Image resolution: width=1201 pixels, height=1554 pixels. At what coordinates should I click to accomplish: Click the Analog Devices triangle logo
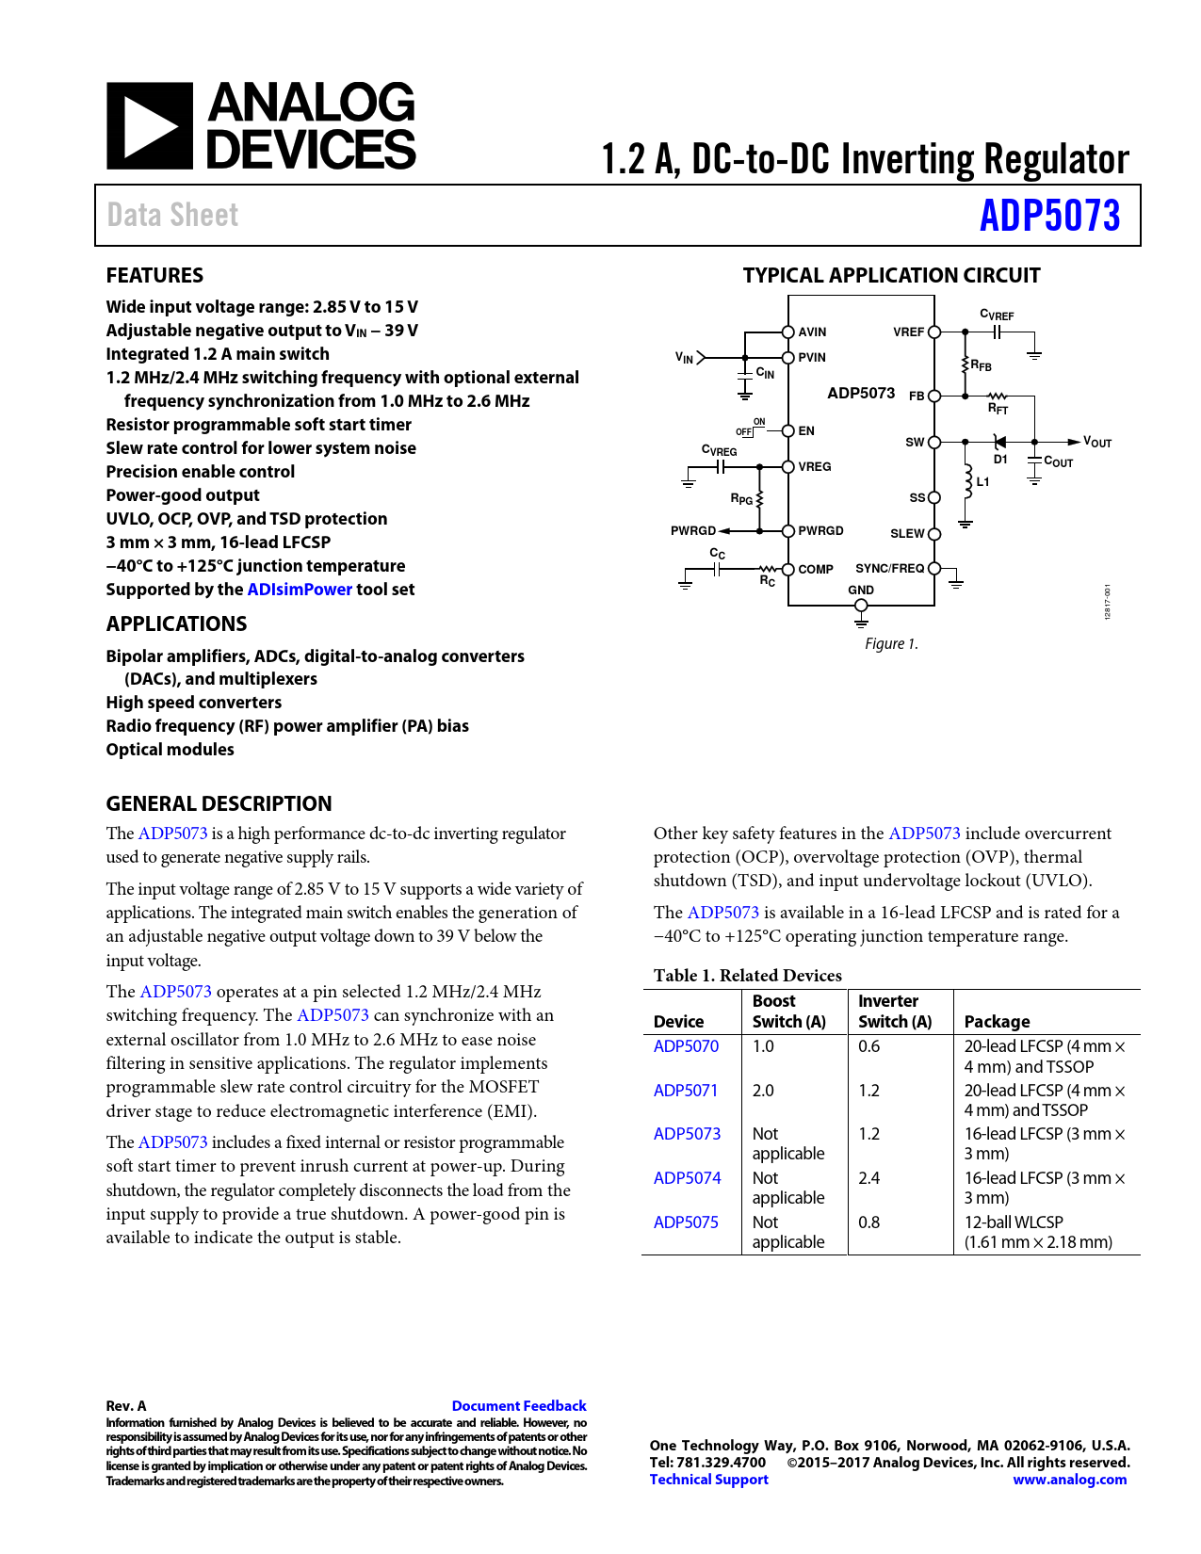150,126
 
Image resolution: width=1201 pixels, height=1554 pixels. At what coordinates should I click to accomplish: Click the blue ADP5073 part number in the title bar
1049,216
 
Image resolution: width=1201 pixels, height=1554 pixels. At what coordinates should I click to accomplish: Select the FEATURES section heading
154,275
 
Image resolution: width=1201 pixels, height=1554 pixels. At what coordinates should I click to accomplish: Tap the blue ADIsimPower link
300,590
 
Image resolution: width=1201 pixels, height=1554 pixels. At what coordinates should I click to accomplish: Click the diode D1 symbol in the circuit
999,442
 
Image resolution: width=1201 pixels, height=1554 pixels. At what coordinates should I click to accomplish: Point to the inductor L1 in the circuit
967,481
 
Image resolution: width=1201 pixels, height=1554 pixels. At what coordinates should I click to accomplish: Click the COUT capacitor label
1059,461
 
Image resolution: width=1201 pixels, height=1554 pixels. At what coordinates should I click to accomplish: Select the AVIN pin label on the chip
812,332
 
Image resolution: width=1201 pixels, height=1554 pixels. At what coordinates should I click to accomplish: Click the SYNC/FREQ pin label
889,568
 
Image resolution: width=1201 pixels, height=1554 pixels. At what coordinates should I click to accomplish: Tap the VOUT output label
1097,442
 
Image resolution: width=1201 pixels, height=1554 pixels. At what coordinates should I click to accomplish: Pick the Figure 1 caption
891,643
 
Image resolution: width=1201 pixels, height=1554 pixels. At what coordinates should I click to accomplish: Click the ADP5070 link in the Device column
686,1046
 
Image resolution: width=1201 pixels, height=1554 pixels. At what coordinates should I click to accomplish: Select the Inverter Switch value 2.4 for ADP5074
868,1178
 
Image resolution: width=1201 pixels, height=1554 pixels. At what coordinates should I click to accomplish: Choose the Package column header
997,1022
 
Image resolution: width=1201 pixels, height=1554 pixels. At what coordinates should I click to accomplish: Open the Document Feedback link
519,1406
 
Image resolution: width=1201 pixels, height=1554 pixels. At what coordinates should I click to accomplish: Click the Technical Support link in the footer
708,1480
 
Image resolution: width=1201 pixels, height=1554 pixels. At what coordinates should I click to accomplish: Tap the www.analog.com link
1069,1480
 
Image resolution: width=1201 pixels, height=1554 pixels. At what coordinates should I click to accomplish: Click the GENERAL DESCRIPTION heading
219,803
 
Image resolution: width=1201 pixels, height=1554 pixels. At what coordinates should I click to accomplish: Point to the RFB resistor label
981,365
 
